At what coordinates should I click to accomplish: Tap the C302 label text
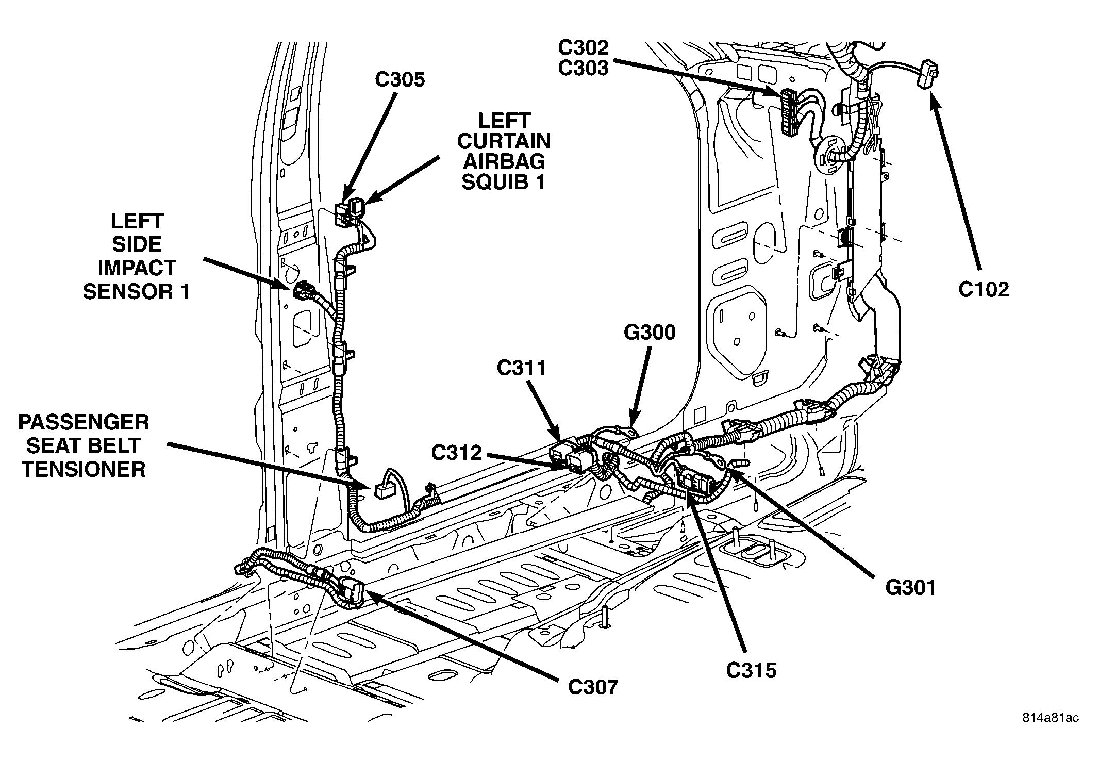click(583, 48)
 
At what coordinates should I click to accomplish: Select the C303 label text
click(583, 68)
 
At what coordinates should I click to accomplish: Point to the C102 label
click(984, 290)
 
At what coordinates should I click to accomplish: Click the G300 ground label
click(650, 333)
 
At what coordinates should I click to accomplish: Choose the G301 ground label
click(910, 588)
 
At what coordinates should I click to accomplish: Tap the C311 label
click(521, 368)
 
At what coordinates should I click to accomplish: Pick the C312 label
click(457, 453)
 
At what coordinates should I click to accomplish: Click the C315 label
click(751, 671)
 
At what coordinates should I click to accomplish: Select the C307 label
click(593, 687)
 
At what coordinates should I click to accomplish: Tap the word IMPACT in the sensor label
click(137, 268)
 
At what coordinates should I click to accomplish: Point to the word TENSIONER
click(84, 470)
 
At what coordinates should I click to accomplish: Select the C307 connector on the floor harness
click(352, 591)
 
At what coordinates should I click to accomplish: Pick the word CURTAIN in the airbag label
click(504, 141)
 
